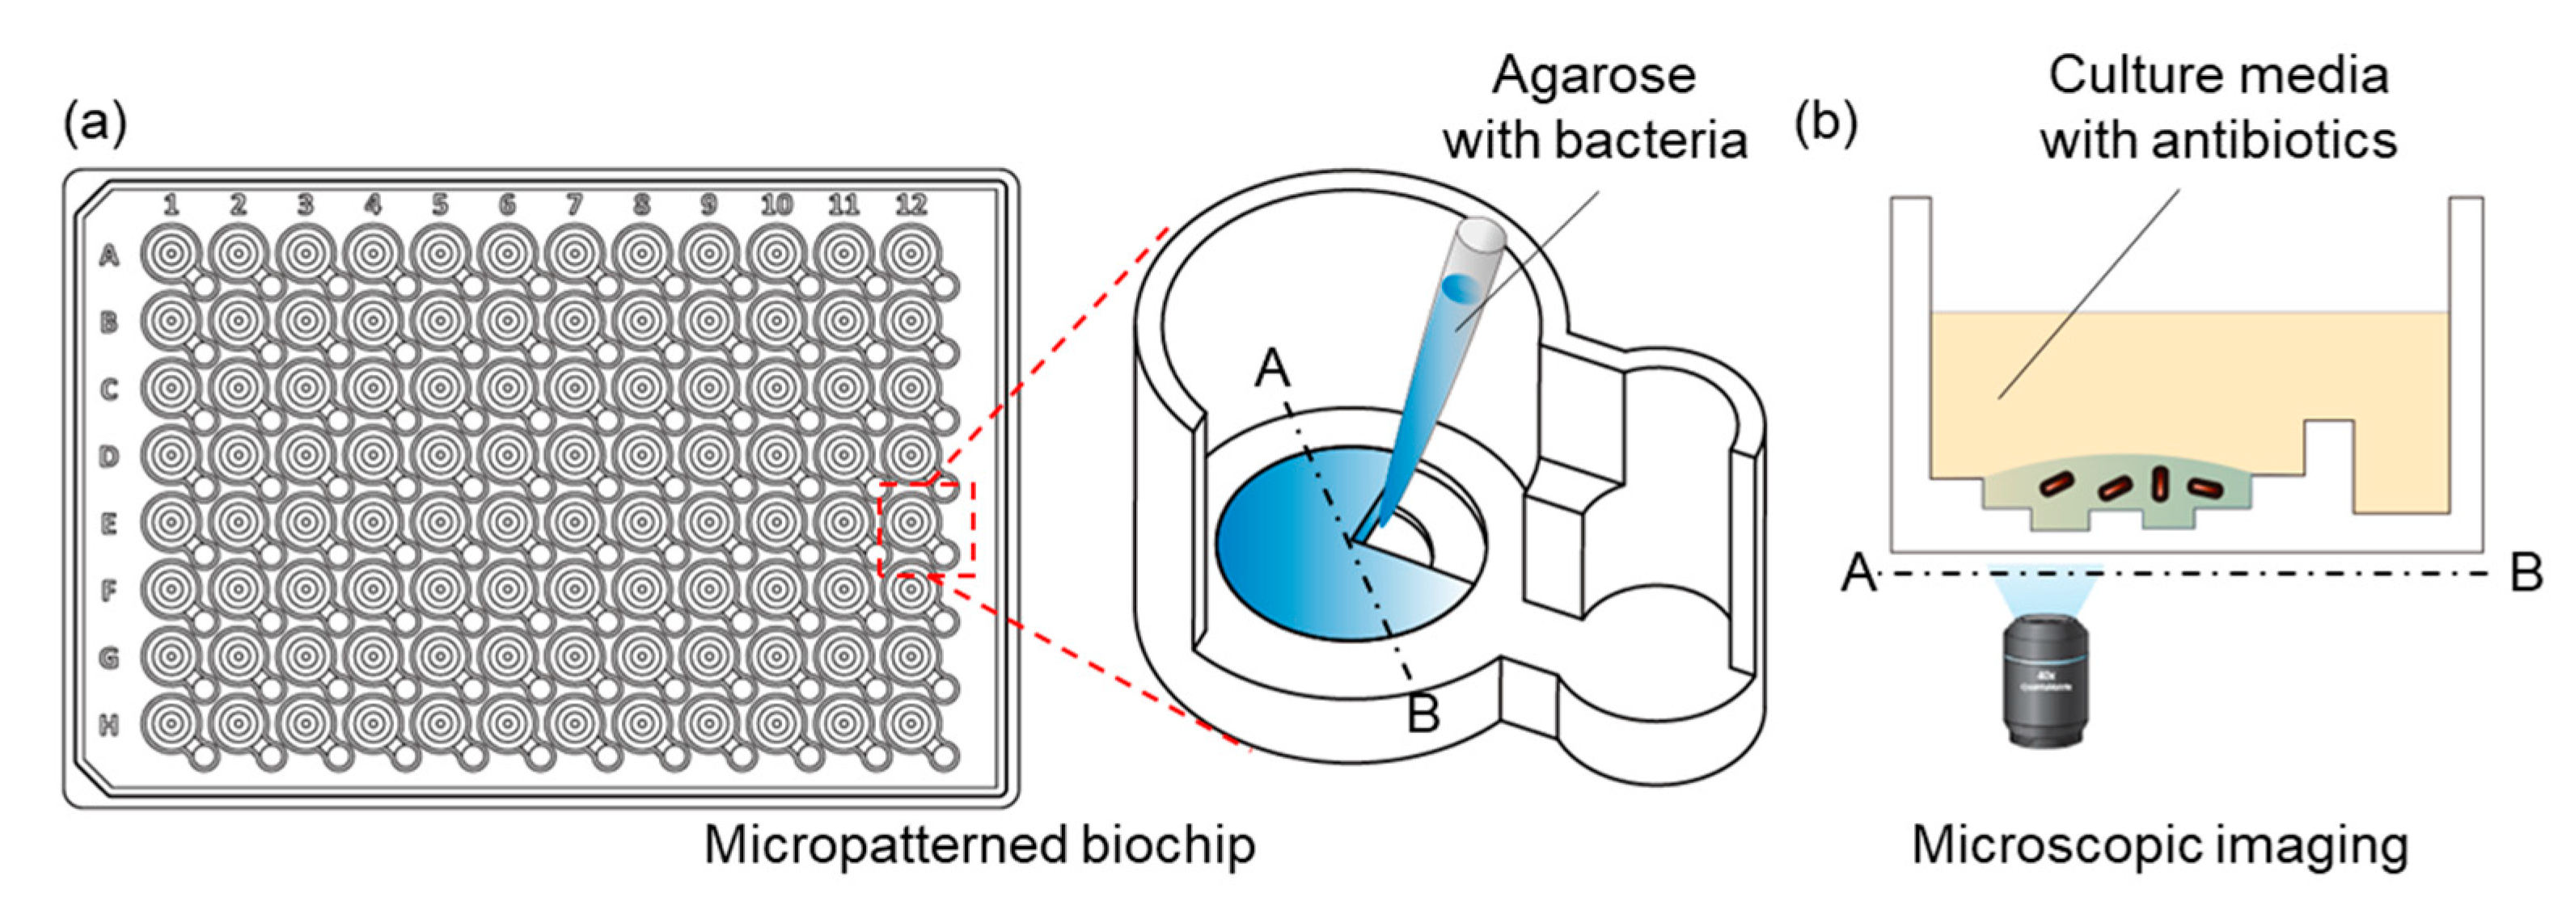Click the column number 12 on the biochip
(911, 205)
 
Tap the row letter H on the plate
(109, 725)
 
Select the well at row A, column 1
(171, 254)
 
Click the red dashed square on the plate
(925, 529)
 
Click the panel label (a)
(95, 124)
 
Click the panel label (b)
(1826, 124)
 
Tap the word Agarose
(1593, 76)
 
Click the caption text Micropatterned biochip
(979, 845)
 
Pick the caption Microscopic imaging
(2159, 845)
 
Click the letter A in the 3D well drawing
(1272, 369)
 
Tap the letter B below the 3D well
(1423, 714)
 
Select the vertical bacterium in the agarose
(2158, 483)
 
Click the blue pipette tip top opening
(1482, 236)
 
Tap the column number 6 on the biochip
(507, 205)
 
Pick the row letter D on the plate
(109, 456)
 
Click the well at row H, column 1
(171, 725)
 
